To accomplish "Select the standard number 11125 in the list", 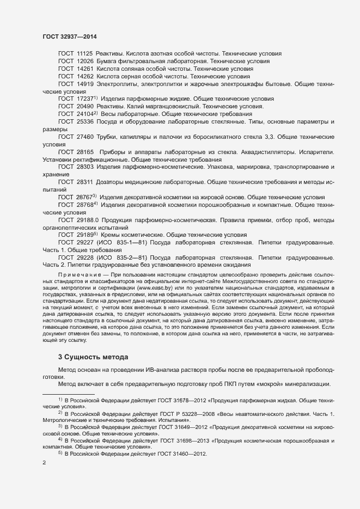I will click(85, 54).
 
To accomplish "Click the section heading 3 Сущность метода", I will click(93, 357).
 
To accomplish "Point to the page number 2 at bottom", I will click(44, 463).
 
